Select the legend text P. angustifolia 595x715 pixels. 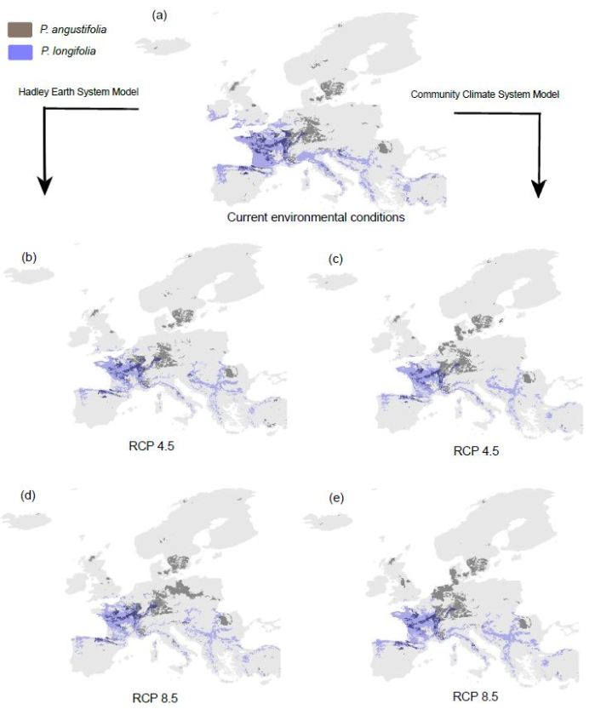pos(73,30)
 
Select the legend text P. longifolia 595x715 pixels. pos(68,52)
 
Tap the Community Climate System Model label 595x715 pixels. pos(485,94)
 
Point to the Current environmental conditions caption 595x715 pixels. pos(315,217)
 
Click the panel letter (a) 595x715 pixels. pos(159,16)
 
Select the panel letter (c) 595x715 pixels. pos(335,259)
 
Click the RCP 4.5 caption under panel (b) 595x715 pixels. pos(142,443)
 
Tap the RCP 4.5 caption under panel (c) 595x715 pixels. pos(475,451)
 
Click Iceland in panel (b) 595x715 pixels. pos(28,274)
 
